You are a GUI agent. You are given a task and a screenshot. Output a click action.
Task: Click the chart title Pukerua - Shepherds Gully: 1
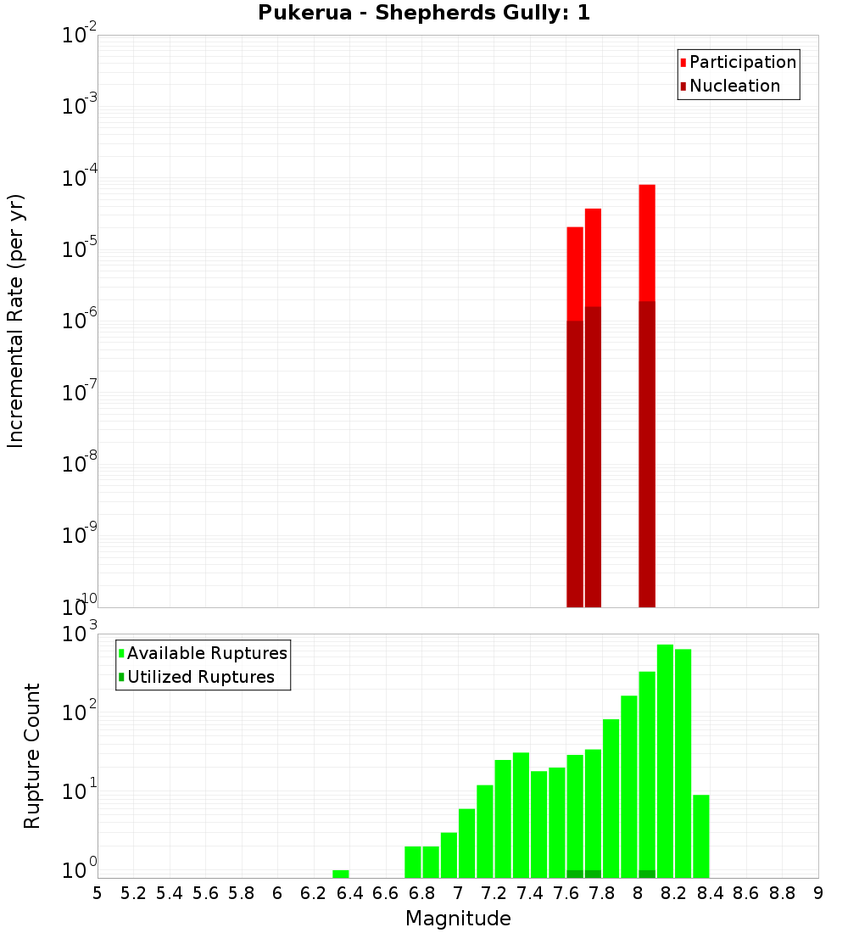(424, 13)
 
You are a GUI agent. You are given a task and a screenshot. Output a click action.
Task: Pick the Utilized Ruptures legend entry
(200, 677)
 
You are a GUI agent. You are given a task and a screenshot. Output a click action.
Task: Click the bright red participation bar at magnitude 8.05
(647, 242)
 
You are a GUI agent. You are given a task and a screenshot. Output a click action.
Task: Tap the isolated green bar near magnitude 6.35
(341, 874)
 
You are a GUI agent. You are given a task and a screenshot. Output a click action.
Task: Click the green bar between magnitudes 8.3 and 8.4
(700, 835)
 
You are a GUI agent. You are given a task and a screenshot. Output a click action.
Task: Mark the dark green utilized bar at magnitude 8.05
(647, 874)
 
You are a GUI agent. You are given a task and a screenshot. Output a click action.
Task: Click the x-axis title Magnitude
(458, 919)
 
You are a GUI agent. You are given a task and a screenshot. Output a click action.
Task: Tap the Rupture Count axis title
(32, 755)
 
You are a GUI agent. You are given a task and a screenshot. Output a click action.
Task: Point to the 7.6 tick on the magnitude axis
(566, 893)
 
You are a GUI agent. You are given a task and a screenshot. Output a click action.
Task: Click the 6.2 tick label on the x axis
(314, 893)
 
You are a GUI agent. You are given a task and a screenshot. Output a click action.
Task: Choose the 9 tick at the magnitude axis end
(818, 893)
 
